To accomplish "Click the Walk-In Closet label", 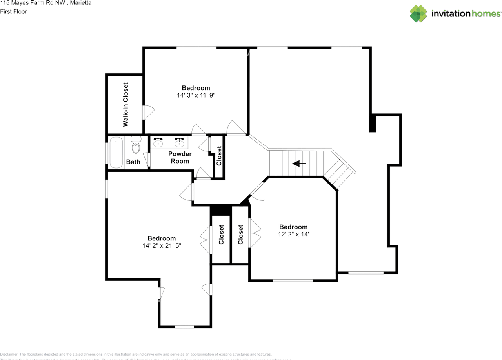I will pos(126,104).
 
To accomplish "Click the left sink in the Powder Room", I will pos(158,142).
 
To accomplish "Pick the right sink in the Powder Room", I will pos(180,142).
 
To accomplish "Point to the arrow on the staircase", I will pos(299,163).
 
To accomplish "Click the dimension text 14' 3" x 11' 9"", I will pos(196,95).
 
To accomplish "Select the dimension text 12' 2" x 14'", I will pos(293,234).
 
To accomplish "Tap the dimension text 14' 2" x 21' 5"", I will pos(162,245).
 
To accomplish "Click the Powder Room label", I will pos(180,157).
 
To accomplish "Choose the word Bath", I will pos(133,162).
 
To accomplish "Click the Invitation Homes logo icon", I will pos(418,14).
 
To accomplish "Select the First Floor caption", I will pos(14,11).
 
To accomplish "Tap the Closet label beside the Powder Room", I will pos(219,155).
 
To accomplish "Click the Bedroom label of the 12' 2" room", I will pos(293,227).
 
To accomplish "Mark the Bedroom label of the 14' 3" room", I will pos(196,88).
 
